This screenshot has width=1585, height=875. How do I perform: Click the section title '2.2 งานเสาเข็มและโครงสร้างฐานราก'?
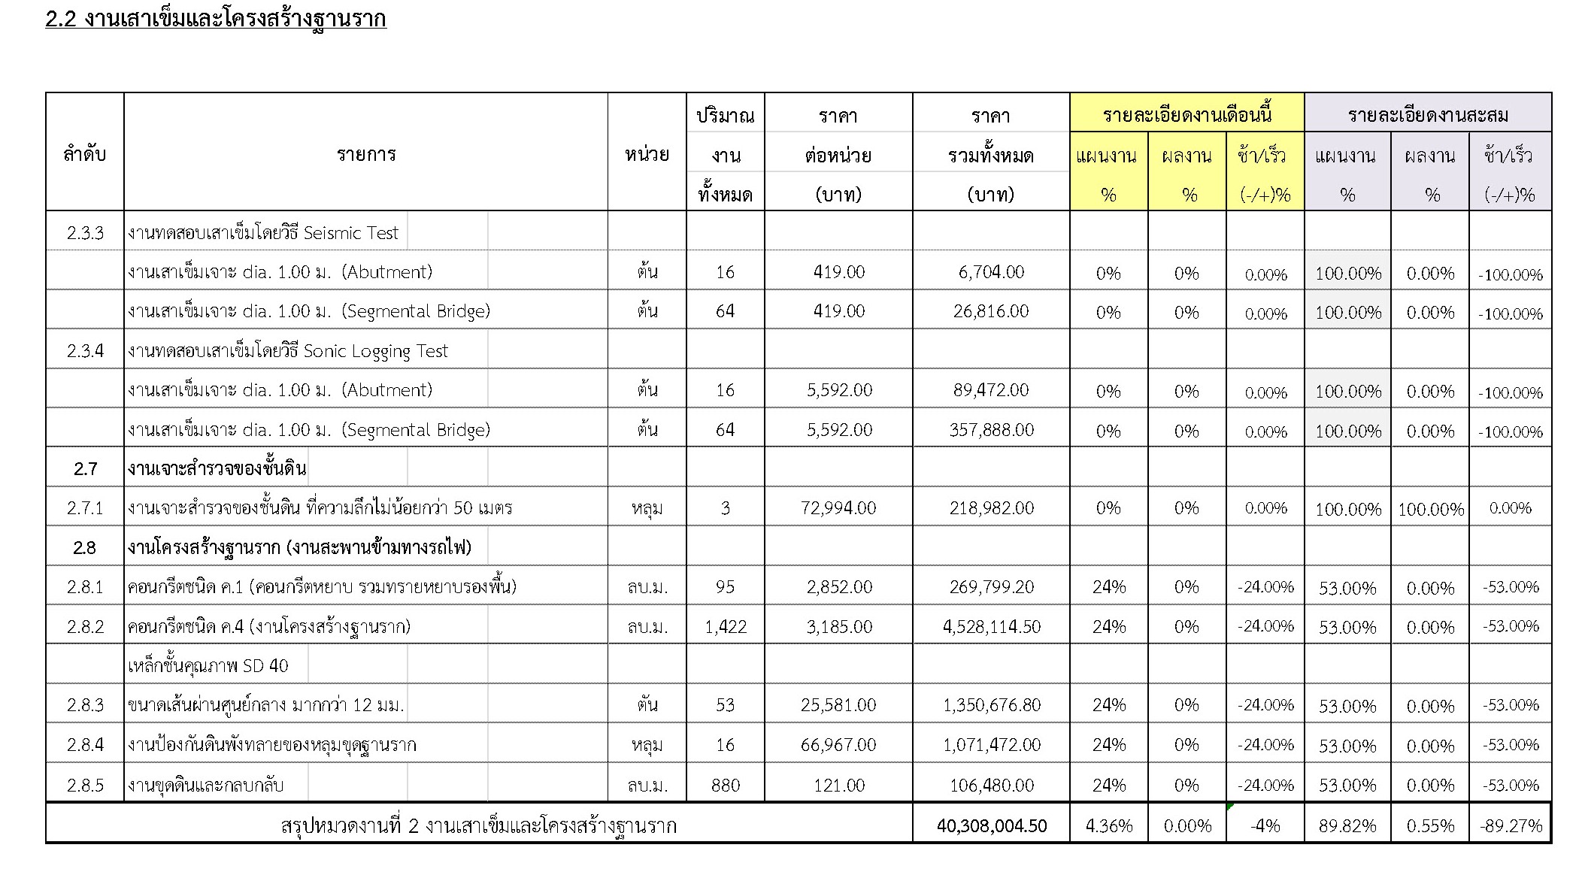(216, 19)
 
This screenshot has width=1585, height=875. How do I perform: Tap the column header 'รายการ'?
(365, 154)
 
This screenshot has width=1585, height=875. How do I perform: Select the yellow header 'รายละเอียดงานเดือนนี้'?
(1186, 114)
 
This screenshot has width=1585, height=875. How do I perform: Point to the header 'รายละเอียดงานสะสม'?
(1427, 114)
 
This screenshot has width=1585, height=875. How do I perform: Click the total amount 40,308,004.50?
(991, 825)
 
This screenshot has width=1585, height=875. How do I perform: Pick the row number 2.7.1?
(85, 508)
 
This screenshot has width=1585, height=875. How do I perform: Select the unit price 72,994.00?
(838, 508)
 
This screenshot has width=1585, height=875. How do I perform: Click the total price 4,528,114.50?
(991, 627)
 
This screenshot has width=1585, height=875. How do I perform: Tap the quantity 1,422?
(725, 627)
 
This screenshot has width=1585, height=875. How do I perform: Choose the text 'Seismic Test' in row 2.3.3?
(350, 233)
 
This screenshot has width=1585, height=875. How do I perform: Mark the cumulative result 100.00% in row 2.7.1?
(1430, 510)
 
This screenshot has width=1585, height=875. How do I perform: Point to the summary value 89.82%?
(1347, 826)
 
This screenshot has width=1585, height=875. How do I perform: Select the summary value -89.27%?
(1511, 826)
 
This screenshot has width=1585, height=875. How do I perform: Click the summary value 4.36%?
(1108, 826)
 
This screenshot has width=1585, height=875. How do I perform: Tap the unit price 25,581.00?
(838, 705)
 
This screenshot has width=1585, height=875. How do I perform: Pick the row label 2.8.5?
(85, 786)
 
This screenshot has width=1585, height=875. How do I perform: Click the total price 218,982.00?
(991, 508)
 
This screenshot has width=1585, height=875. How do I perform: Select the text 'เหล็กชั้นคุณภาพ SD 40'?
(208, 666)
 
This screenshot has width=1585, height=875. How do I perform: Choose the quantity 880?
(725, 786)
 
